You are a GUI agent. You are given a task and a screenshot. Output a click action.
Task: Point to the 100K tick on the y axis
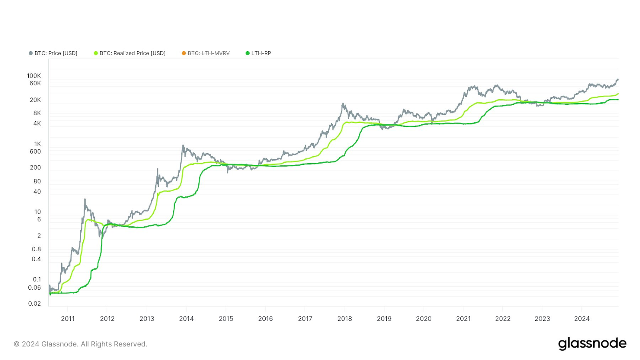coord(34,76)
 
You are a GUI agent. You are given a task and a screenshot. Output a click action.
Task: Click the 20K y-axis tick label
coord(35,100)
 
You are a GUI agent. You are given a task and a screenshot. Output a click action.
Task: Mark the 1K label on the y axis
coord(38,144)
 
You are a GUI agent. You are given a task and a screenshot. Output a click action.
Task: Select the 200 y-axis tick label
coord(35,168)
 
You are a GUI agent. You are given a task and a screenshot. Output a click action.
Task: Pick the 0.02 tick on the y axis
coord(34,304)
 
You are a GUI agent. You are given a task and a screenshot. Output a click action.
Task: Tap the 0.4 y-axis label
coord(36,259)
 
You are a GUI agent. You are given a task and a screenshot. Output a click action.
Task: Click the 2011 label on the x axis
coord(68,319)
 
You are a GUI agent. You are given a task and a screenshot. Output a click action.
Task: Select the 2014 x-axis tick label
coord(186,319)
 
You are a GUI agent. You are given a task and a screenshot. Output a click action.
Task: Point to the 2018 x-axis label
coord(344,319)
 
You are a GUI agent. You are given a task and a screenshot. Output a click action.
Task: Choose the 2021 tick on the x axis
coord(463,319)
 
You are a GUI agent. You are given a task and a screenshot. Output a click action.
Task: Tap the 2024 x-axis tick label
coord(582,319)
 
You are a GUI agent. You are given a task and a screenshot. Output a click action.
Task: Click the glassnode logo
coord(592,344)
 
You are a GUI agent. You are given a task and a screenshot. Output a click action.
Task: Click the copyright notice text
coord(80,344)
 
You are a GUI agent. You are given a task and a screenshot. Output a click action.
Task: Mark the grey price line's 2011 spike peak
coord(85,199)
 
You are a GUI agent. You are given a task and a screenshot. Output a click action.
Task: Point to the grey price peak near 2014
coord(183,146)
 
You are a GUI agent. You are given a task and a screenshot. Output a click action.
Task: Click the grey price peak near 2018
coord(343,104)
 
